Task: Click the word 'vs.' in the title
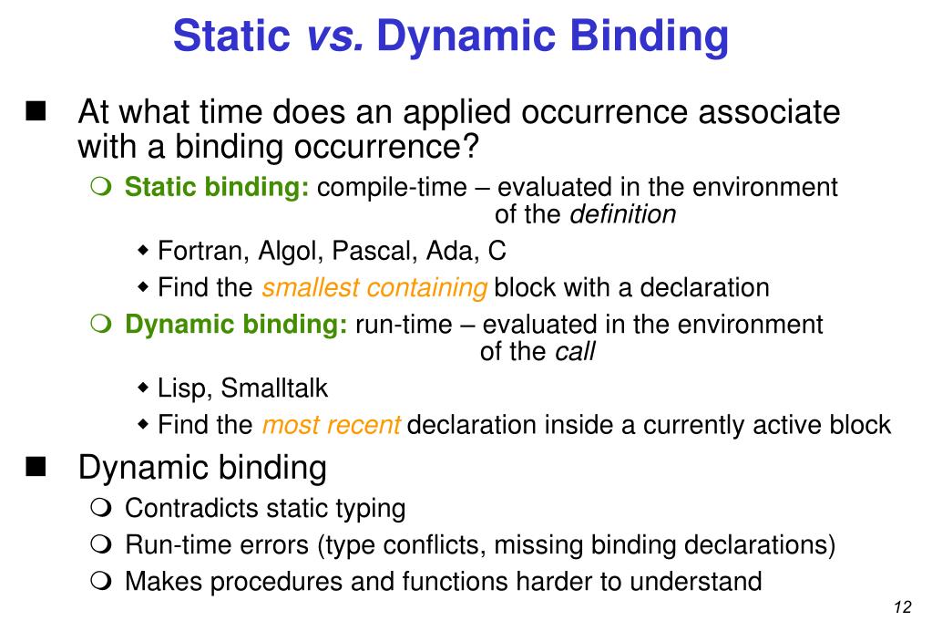334,36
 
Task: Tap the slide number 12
903,608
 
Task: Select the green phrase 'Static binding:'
217,188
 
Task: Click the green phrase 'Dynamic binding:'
236,325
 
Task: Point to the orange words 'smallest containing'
374,288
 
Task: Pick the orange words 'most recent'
331,425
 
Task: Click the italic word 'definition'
623,215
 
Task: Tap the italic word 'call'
575,352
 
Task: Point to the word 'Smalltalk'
274,388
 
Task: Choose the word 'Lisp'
185,388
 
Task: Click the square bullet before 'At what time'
36,114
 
